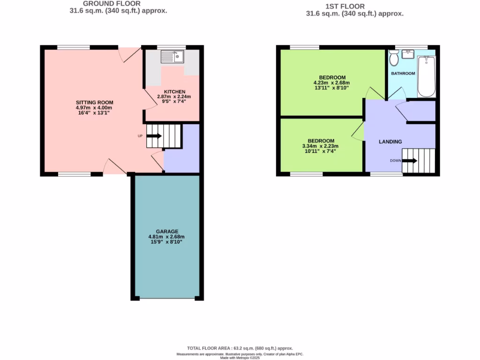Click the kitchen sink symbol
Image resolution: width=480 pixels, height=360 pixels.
[x=173, y=57]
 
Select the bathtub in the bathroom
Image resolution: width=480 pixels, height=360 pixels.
[x=426, y=76]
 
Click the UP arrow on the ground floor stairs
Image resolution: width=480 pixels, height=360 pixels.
[x=154, y=136]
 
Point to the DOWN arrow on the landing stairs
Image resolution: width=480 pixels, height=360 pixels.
[x=410, y=161]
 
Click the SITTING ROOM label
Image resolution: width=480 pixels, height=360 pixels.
[x=95, y=103]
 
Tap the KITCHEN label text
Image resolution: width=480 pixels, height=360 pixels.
[x=174, y=91]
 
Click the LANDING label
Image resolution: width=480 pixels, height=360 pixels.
[x=390, y=142]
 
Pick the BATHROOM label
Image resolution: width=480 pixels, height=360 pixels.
[x=403, y=74]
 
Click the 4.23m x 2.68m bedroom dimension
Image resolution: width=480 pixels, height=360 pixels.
[x=332, y=82]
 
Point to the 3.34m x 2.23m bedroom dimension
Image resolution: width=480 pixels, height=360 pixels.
[x=321, y=146]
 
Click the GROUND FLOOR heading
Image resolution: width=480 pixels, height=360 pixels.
[x=112, y=3]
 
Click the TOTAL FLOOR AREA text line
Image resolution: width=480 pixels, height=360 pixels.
[x=240, y=348]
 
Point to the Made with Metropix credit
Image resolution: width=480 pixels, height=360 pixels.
[x=240, y=358]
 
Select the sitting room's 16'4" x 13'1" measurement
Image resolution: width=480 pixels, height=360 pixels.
[x=95, y=113]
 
